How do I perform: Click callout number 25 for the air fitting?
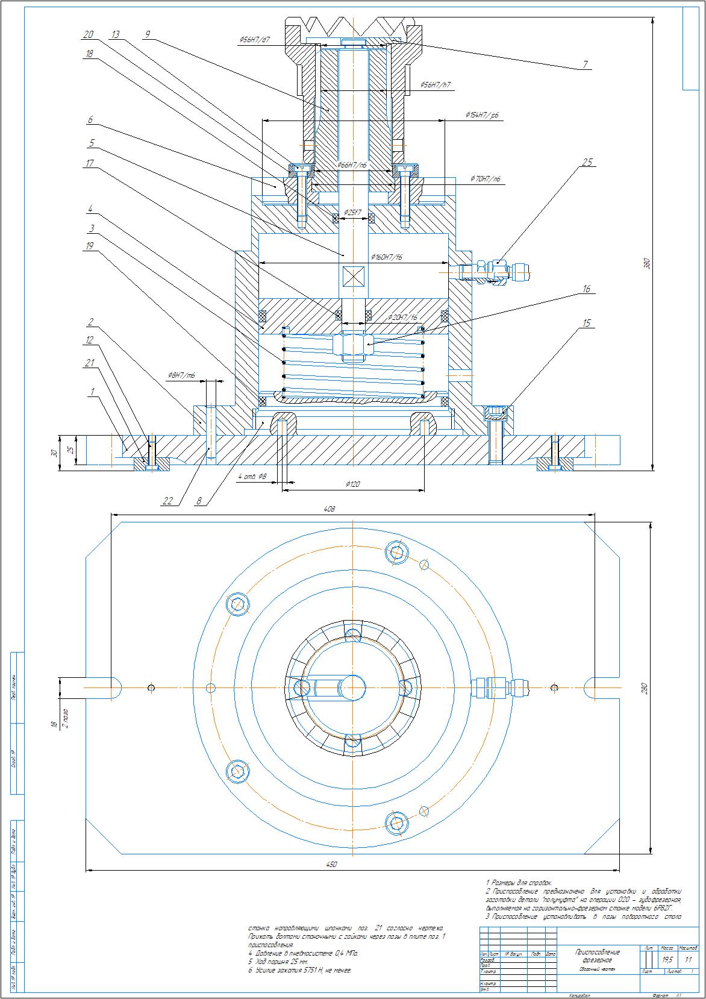pyautogui.click(x=587, y=162)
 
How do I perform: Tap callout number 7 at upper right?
pyautogui.click(x=584, y=65)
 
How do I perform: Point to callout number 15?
pyautogui.click(x=586, y=324)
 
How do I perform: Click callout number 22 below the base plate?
pyautogui.click(x=168, y=500)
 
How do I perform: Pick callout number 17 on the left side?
pyautogui.click(x=90, y=163)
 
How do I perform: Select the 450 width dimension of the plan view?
pyautogui.click(x=331, y=865)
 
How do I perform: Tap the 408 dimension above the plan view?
pyautogui.click(x=329, y=509)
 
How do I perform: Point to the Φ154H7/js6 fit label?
pyautogui.click(x=482, y=114)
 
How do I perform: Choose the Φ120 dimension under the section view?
pyautogui.click(x=352, y=484)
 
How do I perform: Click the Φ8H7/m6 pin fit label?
pyautogui.click(x=181, y=375)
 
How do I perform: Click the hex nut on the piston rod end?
pyautogui.click(x=352, y=346)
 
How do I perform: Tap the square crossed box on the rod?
pyautogui.click(x=352, y=277)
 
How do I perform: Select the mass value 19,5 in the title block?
pyautogui.click(x=667, y=959)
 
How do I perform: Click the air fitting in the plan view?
pyautogui.click(x=500, y=687)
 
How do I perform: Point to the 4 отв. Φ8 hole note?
pyautogui.click(x=251, y=477)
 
